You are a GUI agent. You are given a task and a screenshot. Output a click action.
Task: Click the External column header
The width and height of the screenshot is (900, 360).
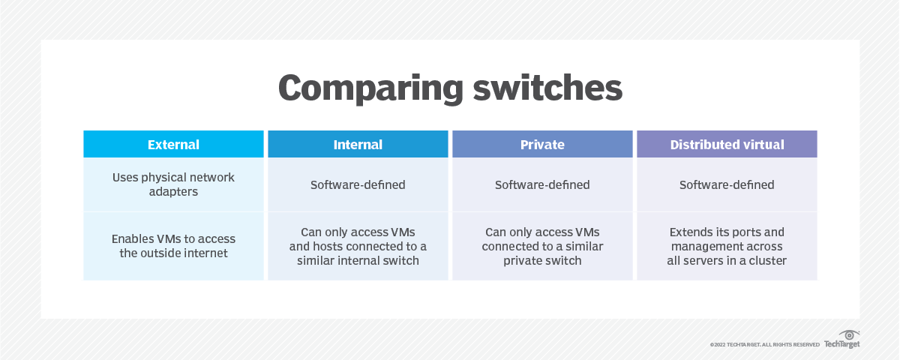click(173, 145)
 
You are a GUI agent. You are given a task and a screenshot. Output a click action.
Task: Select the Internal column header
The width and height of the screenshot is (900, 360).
click(358, 145)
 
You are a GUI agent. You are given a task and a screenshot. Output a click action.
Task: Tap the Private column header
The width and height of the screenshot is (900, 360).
click(542, 145)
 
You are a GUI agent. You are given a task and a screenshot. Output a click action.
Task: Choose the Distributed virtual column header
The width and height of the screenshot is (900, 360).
click(727, 145)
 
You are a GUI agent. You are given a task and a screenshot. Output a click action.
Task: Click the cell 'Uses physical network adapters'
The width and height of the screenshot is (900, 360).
click(173, 184)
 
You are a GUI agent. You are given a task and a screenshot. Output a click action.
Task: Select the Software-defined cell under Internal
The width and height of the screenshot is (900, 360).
click(358, 184)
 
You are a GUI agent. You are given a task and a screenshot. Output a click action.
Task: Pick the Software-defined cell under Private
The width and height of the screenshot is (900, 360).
click(542, 184)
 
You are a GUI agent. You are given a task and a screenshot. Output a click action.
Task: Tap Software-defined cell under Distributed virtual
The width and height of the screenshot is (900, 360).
click(727, 184)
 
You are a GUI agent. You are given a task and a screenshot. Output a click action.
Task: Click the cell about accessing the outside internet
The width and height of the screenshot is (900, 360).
click(173, 246)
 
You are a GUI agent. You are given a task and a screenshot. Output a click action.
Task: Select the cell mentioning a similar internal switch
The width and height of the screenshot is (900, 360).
click(358, 246)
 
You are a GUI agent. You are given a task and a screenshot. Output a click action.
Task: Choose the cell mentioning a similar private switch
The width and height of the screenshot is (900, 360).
click(542, 246)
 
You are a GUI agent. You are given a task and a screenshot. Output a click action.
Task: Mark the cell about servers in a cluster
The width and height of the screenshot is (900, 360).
click(727, 246)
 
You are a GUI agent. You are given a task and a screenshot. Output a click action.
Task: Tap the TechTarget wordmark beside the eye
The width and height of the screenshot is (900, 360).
click(841, 344)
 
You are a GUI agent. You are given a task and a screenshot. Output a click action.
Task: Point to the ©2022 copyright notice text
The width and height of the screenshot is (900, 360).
click(764, 344)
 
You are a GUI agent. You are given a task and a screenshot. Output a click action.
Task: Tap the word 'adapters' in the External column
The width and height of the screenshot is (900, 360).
click(173, 192)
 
